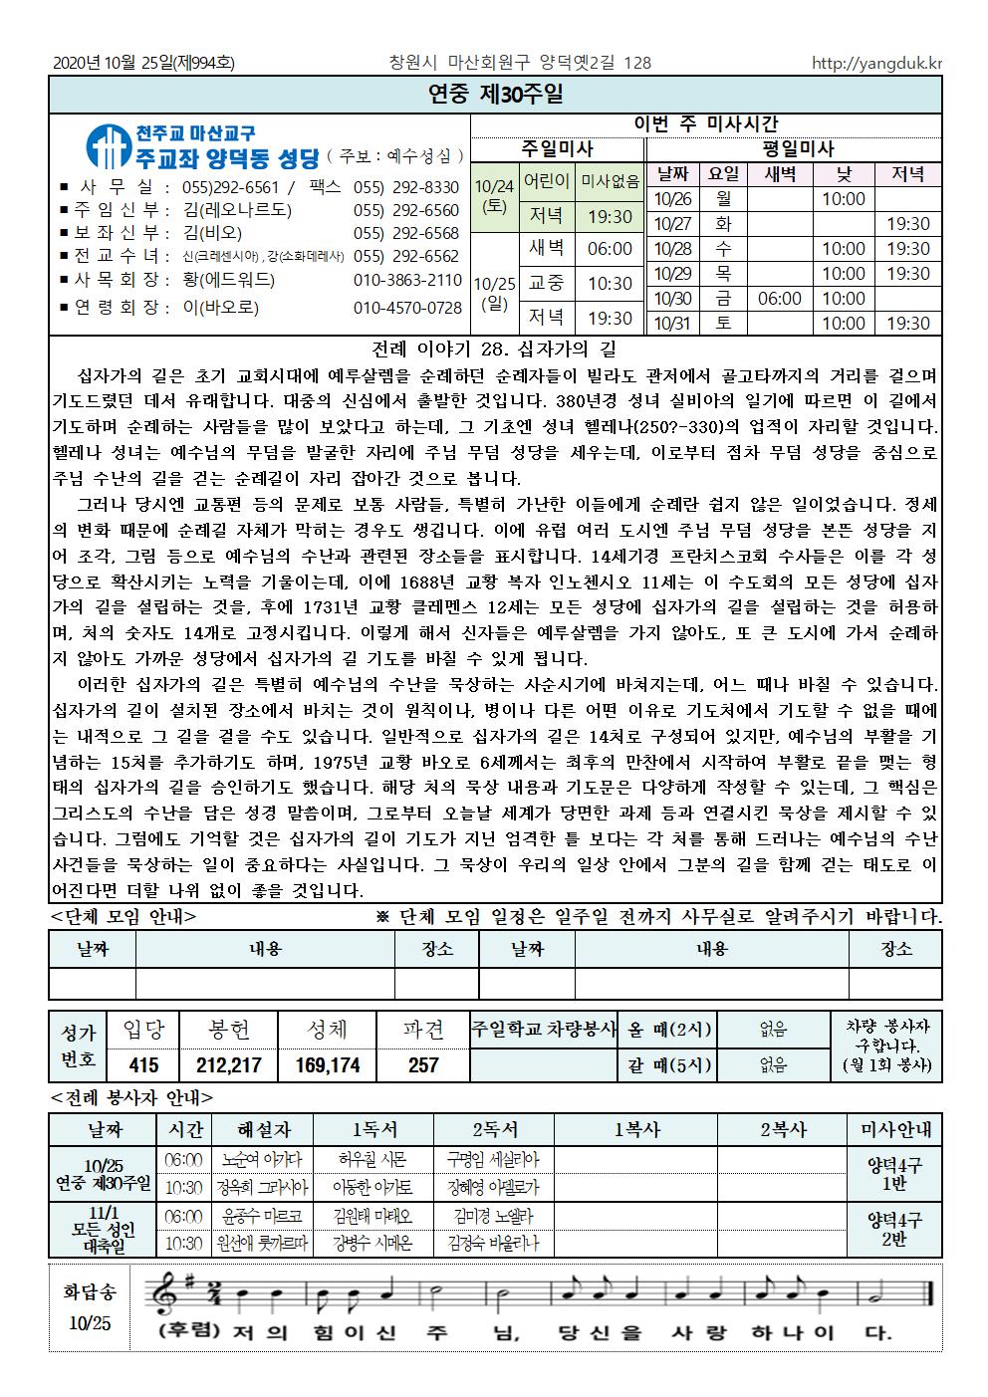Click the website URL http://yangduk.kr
click(876, 63)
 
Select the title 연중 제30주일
click(495, 95)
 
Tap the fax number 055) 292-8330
click(405, 187)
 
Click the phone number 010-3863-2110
click(407, 280)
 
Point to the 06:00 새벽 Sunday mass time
click(610, 249)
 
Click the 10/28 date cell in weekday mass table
click(673, 249)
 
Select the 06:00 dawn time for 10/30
click(780, 298)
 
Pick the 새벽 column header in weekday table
click(780, 174)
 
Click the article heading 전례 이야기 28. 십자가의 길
click(494, 349)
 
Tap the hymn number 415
click(143, 1064)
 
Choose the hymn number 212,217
click(229, 1064)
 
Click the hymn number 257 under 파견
click(423, 1064)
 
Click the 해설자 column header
click(263, 1129)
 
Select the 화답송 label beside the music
click(91, 1292)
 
